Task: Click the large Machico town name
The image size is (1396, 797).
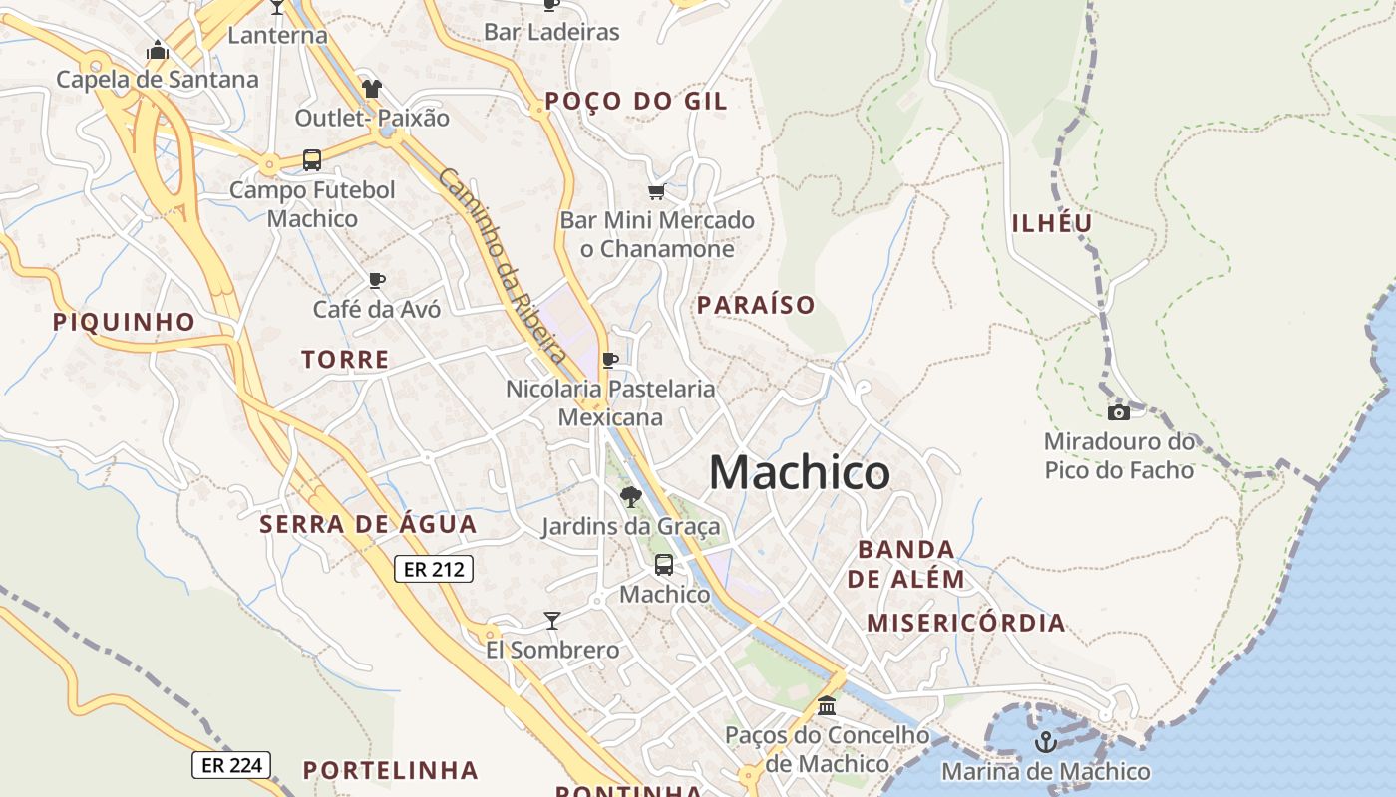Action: pos(799,472)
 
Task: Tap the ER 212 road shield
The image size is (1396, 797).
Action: pos(433,570)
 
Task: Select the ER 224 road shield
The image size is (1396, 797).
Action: pos(231,765)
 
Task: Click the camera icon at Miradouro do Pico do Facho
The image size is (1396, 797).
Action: pos(1119,412)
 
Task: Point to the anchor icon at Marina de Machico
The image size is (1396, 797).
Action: pos(1045,742)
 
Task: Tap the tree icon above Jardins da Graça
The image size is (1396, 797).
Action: pos(630,496)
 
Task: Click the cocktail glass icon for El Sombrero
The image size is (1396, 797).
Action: pos(552,621)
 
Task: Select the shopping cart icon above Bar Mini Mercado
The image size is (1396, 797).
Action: pos(656,191)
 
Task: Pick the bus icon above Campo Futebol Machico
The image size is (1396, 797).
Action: pos(312,160)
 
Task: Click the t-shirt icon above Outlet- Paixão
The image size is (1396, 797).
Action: pos(372,89)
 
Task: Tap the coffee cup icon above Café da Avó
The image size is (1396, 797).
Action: pos(376,280)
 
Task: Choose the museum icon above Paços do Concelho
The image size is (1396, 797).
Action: pos(827,706)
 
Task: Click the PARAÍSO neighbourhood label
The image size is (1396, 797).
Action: pos(756,305)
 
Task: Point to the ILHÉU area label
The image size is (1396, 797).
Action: pos(1052,223)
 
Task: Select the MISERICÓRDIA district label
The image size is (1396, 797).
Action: pos(965,624)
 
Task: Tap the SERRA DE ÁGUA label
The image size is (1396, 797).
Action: pos(368,524)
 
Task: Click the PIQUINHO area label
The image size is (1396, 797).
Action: pos(124,322)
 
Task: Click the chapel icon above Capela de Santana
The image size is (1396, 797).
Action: pos(157,50)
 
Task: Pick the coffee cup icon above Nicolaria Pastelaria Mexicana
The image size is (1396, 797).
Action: pos(610,360)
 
